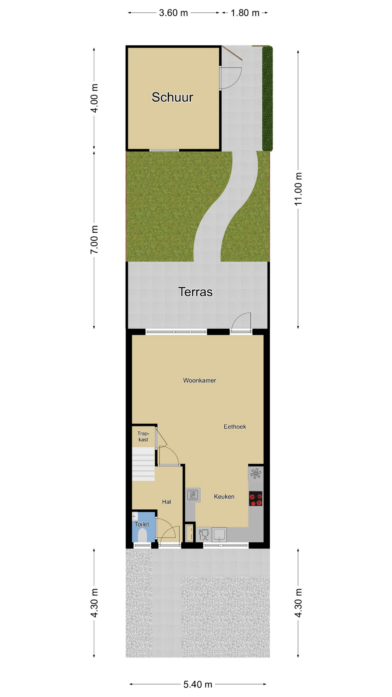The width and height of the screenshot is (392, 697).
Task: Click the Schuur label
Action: [172, 97]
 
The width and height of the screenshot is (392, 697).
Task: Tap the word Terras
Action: [195, 292]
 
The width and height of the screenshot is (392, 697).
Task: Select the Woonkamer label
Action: [200, 380]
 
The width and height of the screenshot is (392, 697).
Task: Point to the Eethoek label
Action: [235, 427]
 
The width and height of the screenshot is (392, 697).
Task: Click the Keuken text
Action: [224, 497]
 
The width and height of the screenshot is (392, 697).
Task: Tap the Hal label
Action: [167, 502]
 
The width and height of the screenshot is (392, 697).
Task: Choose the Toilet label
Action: [142, 524]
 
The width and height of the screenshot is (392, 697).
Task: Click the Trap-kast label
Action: [143, 436]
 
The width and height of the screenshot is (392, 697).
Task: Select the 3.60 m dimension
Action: [173, 13]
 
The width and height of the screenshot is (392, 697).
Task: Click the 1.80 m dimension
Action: [245, 13]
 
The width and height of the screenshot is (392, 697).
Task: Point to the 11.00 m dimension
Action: [298, 189]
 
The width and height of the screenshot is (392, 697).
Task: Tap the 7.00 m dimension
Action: [94, 240]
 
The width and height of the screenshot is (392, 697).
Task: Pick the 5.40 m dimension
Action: [198, 684]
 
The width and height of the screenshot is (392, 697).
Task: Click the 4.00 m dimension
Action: [94, 98]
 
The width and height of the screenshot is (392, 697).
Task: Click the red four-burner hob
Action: [256, 498]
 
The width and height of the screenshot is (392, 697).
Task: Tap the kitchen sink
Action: [219, 535]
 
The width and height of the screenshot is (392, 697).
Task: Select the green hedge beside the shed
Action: [268, 98]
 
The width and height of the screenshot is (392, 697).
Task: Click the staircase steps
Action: [143, 464]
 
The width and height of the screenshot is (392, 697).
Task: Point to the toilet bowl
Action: [142, 536]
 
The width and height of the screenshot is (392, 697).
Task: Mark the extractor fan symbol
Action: [256, 473]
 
